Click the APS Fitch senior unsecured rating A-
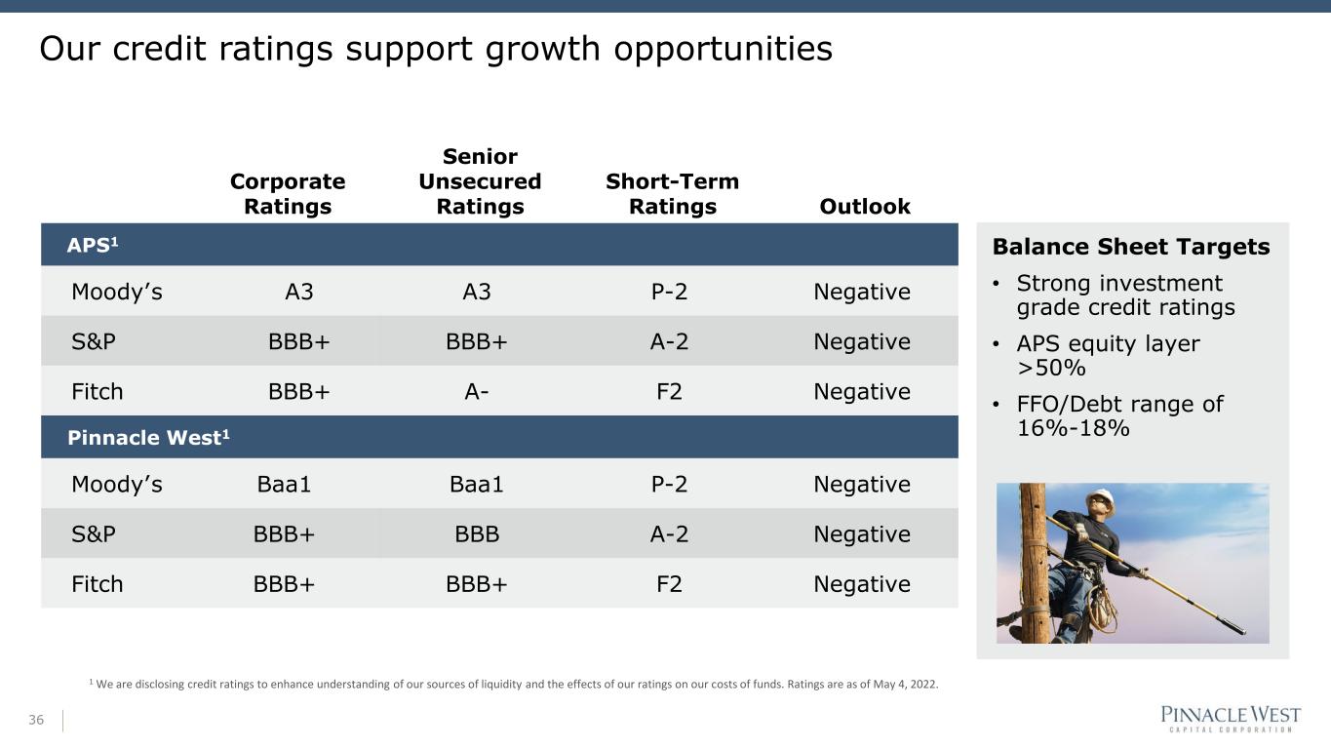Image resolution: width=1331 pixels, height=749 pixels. pos(477,392)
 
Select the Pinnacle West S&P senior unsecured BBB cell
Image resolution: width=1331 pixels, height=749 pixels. pos(477,534)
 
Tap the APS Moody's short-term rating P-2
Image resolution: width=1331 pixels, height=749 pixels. pos(669,292)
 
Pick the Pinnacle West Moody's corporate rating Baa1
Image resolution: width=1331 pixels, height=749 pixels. pos(284,485)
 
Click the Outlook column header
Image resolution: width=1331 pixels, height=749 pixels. pos(865,207)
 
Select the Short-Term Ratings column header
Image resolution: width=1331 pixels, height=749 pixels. pos(672,194)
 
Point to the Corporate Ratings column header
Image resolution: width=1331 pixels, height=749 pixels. pos(288,194)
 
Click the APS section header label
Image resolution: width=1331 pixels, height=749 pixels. pos(92,245)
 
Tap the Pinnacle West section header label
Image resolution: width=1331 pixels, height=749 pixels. pos(148,438)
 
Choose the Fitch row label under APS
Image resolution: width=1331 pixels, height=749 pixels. pos(97,392)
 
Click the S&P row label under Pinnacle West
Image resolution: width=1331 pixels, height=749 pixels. pos(94,534)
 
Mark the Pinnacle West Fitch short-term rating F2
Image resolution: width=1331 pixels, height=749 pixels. pos(669,584)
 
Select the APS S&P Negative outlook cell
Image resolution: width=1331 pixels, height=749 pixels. pos(862,341)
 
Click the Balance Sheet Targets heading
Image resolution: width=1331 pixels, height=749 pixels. pos(1131,247)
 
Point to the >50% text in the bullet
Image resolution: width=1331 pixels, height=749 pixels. pos(1051,368)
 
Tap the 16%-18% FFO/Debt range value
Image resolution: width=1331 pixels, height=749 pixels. pos(1074,428)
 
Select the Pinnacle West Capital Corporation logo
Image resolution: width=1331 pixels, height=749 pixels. pos(1231,719)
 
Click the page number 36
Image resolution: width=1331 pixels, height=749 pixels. pos(36,720)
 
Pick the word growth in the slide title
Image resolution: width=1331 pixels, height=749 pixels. pos(542,49)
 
